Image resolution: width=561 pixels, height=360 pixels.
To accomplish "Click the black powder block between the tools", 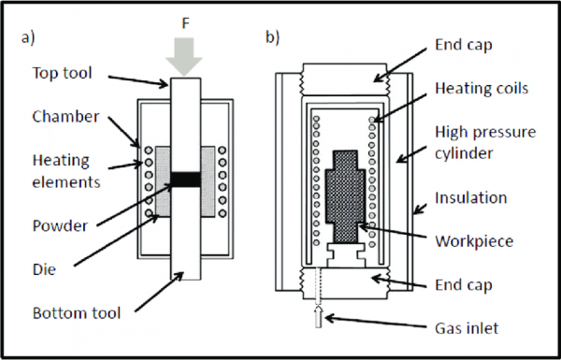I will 184,178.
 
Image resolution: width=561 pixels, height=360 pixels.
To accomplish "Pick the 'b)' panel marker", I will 273,37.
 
